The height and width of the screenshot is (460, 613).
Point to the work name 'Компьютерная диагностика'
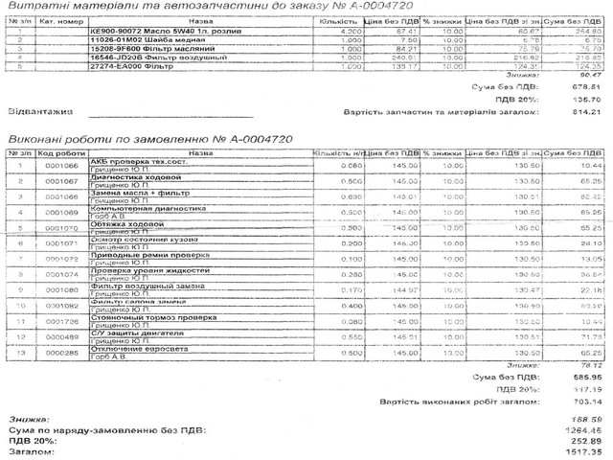(x=134, y=208)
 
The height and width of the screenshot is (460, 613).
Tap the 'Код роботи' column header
(x=60, y=152)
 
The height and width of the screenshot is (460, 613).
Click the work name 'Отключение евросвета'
(x=135, y=349)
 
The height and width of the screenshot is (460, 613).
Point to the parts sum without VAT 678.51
(x=583, y=86)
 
